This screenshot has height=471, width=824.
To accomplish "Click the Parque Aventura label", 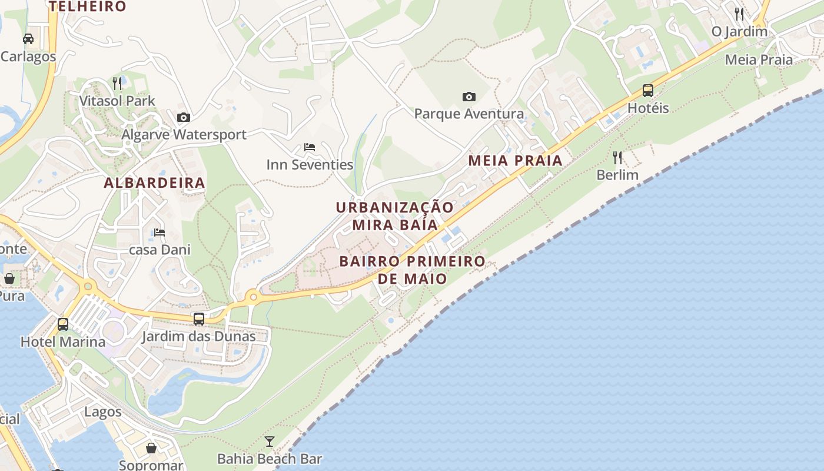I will pyautogui.click(x=469, y=114).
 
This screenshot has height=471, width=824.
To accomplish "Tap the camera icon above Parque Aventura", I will pyautogui.click(x=469, y=97).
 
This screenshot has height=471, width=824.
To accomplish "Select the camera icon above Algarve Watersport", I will pyautogui.click(x=184, y=117).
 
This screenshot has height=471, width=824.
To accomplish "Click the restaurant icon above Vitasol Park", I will pyautogui.click(x=117, y=83).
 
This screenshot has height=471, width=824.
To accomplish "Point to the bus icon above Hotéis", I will pyautogui.click(x=648, y=91).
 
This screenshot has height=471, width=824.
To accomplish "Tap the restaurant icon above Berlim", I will pyautogui.click(x=617, y=157).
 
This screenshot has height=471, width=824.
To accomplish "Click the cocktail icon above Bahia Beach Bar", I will pyautogui.click(x=270, y=441).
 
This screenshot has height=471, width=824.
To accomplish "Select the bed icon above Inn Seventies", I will pyautogui.click(x=310, y=147).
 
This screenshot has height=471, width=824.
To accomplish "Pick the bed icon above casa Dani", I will pyautogui.click(x=160, y=233).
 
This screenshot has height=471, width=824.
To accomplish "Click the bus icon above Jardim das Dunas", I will pyautogui.click(x=199, y=319).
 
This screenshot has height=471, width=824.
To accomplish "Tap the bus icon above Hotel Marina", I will pyautogui.click(x=63, y=324).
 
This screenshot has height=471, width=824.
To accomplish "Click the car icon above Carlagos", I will pyautogui.click(x=28, y=39).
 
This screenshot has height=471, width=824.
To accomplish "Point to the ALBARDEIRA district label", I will pyautogui.click(x=154, y=183).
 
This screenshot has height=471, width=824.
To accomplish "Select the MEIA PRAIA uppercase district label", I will pyautogui.click(x=515, y=161).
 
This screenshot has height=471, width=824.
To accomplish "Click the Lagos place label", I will pyautogui.click(x=103, y=412).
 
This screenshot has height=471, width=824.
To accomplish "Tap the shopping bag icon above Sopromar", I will pyautogui.click(x=151, y=449).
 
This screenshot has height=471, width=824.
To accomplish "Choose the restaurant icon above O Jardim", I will pyautogui.click(x=739, y=14).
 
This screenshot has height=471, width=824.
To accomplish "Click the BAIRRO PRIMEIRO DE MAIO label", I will pyautogui.click(x=413, y=270).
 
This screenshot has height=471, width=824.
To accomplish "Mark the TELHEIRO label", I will pyautogui.click(x=87, y=6).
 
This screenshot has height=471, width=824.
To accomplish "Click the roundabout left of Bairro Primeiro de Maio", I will pyautogui.click(x=254, y=297).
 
